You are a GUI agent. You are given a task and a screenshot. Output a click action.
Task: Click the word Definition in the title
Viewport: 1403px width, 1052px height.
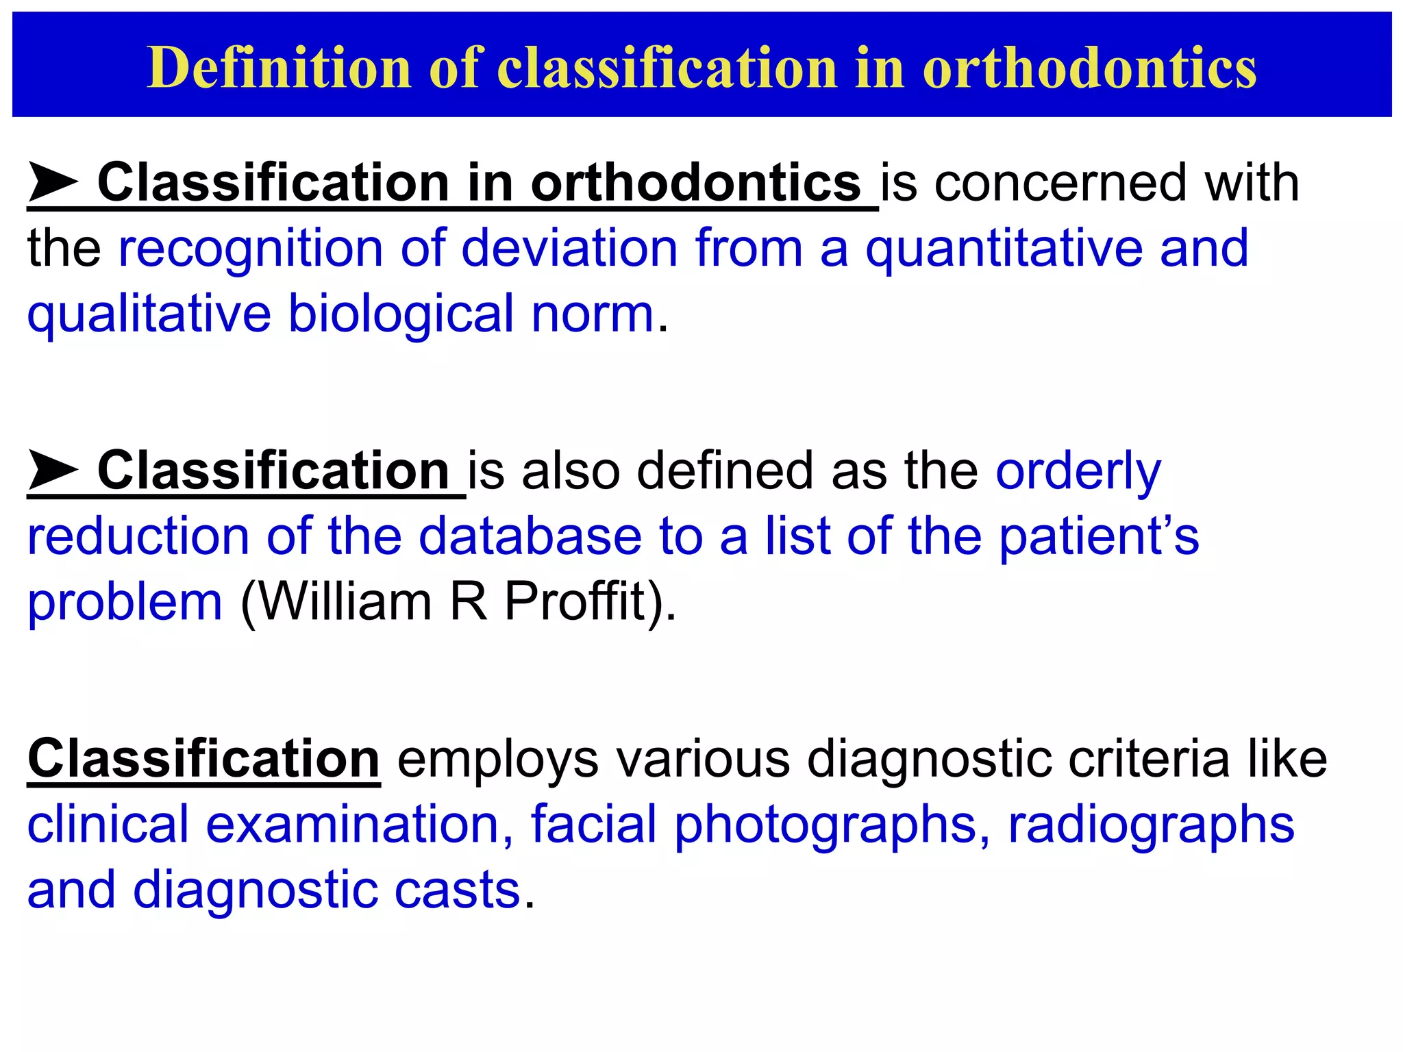coord(279,67)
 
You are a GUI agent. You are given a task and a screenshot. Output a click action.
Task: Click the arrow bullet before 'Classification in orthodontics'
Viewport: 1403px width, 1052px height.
coord(53,182)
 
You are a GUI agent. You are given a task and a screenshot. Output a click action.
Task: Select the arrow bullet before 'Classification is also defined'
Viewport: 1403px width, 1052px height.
coord(53,471)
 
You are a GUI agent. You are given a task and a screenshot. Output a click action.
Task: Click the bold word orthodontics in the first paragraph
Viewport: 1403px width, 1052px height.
coord(695,182)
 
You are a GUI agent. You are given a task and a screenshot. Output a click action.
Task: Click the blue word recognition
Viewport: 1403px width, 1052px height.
coord(250,248)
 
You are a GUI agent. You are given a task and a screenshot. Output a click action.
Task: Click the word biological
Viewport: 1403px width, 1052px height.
coord(401,314)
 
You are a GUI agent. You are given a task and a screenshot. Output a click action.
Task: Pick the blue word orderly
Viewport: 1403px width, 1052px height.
coord(1078,471)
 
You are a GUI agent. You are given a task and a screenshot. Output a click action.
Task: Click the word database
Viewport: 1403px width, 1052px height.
coord(530,536)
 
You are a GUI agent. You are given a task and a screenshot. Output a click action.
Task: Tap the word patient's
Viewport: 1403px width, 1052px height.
coord(1099,536)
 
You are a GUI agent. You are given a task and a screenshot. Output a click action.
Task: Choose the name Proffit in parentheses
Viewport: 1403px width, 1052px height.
coord(575,601)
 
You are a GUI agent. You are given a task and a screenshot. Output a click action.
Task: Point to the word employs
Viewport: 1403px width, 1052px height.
coord(498,759)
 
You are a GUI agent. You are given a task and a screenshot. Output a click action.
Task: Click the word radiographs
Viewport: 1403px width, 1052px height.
coord(1151,825)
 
